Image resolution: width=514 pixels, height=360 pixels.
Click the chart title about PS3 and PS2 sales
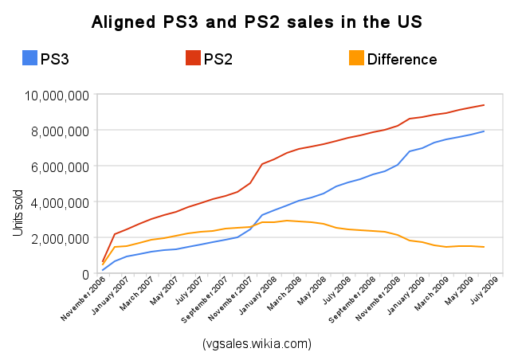pyautogui.click(x=257, y=21)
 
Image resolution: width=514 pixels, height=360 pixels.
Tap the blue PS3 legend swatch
pyautogui.click(x=29, y=58)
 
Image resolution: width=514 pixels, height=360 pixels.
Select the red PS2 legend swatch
pyautogui.click(x=193, y=58)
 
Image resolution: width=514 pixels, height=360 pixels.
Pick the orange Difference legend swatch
pyautogui.click(x=356, y=58)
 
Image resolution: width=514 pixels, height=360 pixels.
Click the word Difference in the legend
pyautogui.click(x=402, y=59)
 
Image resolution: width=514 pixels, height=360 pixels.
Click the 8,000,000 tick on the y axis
pyautogui.click(x=61, y=131)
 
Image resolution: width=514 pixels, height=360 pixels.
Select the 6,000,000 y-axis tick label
pyautogui.click(x=61, y=166)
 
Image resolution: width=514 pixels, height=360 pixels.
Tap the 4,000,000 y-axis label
pyautogui.click(x=61, y=202)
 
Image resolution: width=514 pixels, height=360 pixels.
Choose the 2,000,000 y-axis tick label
pyautogui.click(x=61, y=238)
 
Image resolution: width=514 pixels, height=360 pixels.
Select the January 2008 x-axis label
pyautogui.click(x=261, y=295)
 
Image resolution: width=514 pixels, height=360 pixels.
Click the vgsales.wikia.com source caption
pyautogui.click(x=257, y=343)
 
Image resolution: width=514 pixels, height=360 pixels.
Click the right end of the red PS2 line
pyautogui.click(x=485, y=105)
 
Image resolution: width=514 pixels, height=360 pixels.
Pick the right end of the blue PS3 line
pyautogui.click(x=485, y=131)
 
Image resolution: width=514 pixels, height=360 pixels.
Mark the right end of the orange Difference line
pyautogui.click(x=485, y=247)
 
